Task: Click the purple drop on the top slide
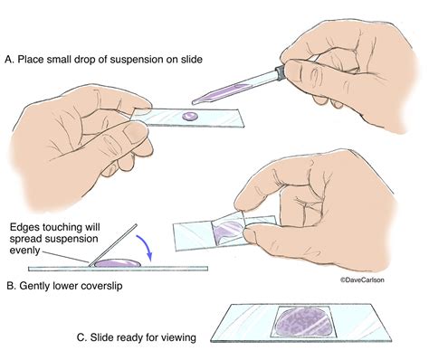188,116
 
